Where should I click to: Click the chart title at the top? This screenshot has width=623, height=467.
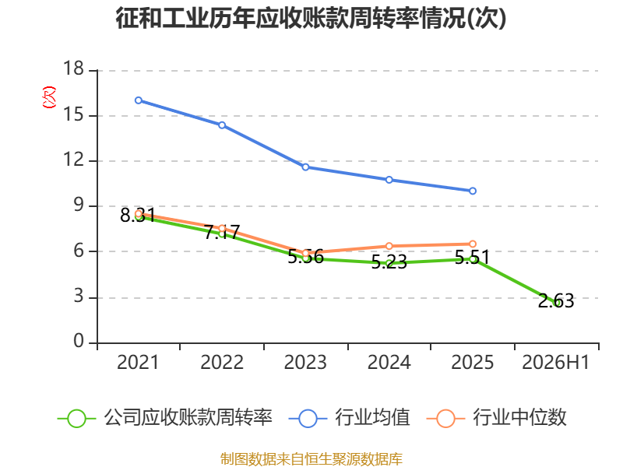coord(311,18)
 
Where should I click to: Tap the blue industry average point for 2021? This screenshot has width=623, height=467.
coord(139,100)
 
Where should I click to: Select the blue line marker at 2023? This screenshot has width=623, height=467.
coord(305,167)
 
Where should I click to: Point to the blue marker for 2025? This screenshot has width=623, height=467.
coord(473,191)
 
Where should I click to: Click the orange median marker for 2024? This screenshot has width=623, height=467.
coord(389,246)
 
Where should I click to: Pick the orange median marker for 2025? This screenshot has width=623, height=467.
coord(473,244)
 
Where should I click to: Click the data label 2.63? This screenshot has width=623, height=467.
coord(556,301)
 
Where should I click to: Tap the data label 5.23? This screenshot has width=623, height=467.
coord(389,262)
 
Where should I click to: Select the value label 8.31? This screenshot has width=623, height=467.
coord(138,216)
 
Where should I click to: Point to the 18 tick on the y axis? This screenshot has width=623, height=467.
coord(73,68)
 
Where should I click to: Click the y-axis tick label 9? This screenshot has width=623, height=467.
coord(79,205)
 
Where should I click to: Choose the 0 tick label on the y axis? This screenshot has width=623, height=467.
coord(79,341)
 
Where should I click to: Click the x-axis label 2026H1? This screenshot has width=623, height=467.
coord(555,363)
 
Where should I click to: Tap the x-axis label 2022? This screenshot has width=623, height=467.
coord(222,363)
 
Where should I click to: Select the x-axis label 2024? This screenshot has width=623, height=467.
coord(389,363)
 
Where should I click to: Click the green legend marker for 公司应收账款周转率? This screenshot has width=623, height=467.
coord(76,419)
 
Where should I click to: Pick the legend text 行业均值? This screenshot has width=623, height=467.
coord(372,418)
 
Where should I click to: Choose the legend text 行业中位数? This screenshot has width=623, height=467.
coord(519,418)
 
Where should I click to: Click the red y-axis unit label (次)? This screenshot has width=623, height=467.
coord(49,97)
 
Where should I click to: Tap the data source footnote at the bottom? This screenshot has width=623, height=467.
coord(311,459)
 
